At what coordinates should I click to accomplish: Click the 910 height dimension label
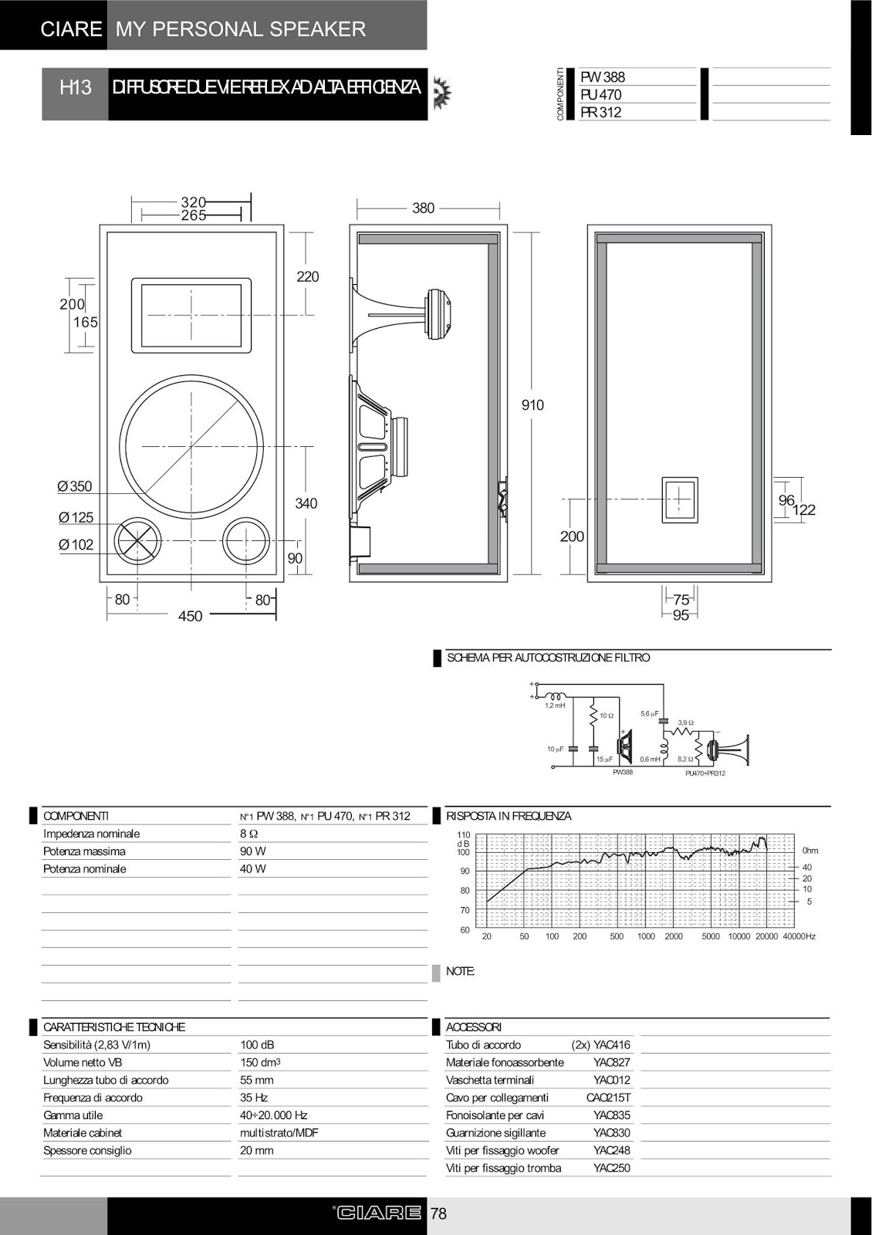pos(532,405)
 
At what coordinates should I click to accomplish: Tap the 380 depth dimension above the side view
pos(423,208)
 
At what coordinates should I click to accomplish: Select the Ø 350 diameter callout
pos(75,486)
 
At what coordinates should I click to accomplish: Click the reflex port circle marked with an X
pos(137,540)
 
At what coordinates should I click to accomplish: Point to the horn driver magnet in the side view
pos(440,313)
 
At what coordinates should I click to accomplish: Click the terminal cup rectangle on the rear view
pos(679,500)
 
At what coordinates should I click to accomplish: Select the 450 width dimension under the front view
pos(190,616)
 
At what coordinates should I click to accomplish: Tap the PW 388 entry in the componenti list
pos(603,77)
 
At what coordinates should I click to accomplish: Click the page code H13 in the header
pos(75,87)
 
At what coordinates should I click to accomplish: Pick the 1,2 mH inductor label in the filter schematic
pos(555,705)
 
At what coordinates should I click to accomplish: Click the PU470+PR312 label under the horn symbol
pos(705,773)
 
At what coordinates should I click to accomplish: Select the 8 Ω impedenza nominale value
pos(248,834)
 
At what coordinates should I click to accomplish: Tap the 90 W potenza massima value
pos(252,851)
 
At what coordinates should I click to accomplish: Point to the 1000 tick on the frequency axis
pos(646,936)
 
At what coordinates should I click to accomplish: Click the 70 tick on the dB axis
pos(465,911)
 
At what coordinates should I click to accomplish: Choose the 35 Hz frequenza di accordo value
pos(252,1098)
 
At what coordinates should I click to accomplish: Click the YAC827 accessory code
pos(611,1062)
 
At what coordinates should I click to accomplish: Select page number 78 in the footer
pos(438,1214)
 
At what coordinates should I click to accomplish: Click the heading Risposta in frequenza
pos(509,816)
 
